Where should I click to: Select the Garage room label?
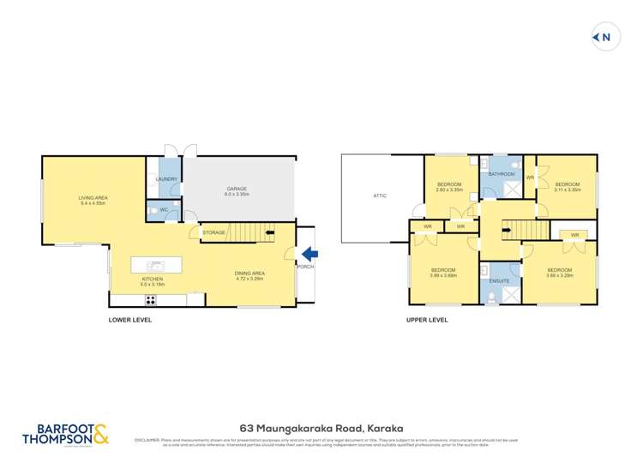[x=237, y=191]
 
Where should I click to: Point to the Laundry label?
[x=165, y=179]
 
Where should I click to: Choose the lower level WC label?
[x=162, y=208]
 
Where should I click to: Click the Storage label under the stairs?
[x=213, y=232]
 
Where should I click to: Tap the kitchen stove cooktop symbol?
[x=151, y=300]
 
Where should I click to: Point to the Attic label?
[x=380, y=195]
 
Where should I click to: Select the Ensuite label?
[x=500, y=280]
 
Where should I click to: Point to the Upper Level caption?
[x=427, y=320]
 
